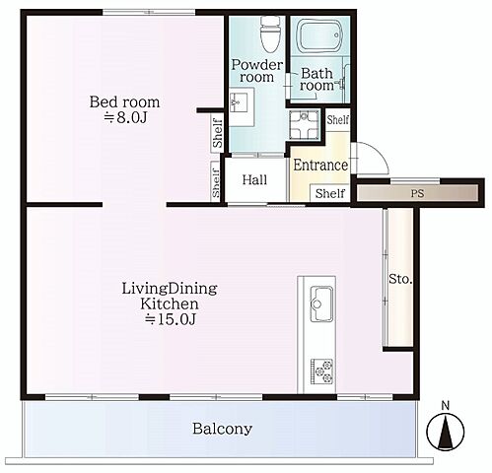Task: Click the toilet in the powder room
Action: click(x=271, y=34)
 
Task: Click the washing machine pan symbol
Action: click(x=304, y=124)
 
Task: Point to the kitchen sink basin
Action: click(x=322, y=304)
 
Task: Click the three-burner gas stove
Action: click(x=322, y=372)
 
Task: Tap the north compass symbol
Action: click(x=446, y=431)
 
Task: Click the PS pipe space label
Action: click(x=417, y=193)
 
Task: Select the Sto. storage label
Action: click(x=400, y=279)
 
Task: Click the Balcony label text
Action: click(x=223, y=429)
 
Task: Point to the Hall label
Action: click(x=254, y=180)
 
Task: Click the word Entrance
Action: click(x=320, y=165)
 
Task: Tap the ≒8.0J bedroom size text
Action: click(x=125, y=117)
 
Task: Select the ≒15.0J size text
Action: click(x=171, y=319)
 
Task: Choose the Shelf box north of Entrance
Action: click(x=338, y=120)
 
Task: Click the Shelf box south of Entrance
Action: click(x=330, y=193)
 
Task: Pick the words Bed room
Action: click(x=124, y=102)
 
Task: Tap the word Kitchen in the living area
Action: click(x=170, y=304)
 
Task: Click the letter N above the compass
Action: click(x=446, y=406)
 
